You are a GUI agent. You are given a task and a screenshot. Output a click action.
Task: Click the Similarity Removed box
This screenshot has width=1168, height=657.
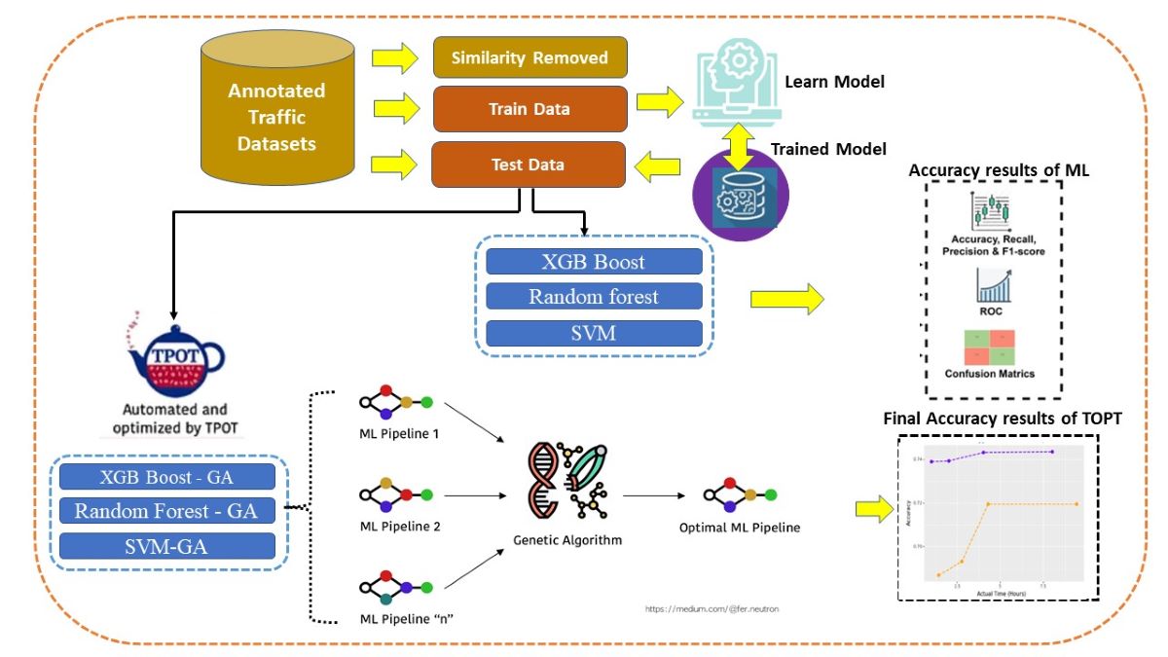pyautogui.click(x=529, y=58)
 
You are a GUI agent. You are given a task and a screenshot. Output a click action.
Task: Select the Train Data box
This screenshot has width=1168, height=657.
pyautogui.click(x=529, y=109)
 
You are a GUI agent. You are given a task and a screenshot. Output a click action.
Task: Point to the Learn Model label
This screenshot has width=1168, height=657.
pyautogui.click(x=834, y=82)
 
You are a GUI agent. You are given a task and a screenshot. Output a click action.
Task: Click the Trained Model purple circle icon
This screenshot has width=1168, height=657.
pyautogui.click(x=740, y=194)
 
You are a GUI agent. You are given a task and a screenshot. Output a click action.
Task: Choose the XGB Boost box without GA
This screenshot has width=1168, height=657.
pyautogui.click(x=594, y=262)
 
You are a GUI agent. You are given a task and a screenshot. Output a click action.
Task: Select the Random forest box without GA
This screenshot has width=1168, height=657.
pyautogui.click(x=594, y=297)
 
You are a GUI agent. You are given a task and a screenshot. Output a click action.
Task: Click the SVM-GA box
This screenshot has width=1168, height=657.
pyautogui.click(x=166, y=546)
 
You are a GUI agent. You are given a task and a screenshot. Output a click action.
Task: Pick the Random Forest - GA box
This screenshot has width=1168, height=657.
pyautogui.click(x=166, y=510)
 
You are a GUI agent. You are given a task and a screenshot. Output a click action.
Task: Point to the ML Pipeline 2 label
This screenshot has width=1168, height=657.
pyautogui.click(x=399, y=526)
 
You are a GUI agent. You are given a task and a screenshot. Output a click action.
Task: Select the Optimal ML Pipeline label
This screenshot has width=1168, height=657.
pyautogui.click(x=740, y=528)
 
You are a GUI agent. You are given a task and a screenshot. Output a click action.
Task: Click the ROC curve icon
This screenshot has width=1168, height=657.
pyautogui.click(x=991, y=292)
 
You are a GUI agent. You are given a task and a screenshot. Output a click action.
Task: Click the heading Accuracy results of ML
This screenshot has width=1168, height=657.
pyautogui.click(x=999, y=170)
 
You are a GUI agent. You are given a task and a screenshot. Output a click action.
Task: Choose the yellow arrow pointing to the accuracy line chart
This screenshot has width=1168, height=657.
pyautogui.click(x=873, y=509)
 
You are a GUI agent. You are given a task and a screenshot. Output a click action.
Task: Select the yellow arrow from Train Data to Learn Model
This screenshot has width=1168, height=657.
pyautogui.click(x=660, y=100)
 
